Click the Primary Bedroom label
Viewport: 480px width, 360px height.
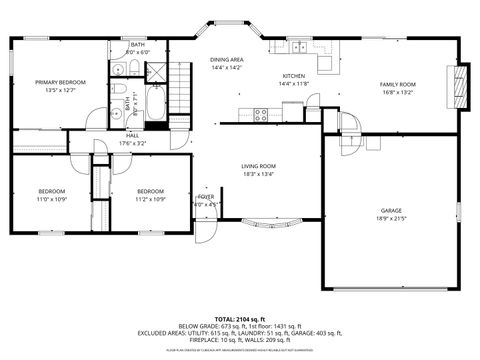[60, 82]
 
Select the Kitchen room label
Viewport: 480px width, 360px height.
[293, 76]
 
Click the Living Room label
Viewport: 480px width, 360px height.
[258, 166]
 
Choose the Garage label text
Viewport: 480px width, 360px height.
[390, 211]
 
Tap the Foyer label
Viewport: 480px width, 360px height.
[206, 197]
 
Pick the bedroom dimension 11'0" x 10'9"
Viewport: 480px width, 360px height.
[52, 198]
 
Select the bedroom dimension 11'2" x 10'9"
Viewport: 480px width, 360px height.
[150, 198]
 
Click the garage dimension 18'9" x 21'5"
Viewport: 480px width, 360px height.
[390, 219]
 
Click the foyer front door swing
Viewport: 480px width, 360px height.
[204, 232]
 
